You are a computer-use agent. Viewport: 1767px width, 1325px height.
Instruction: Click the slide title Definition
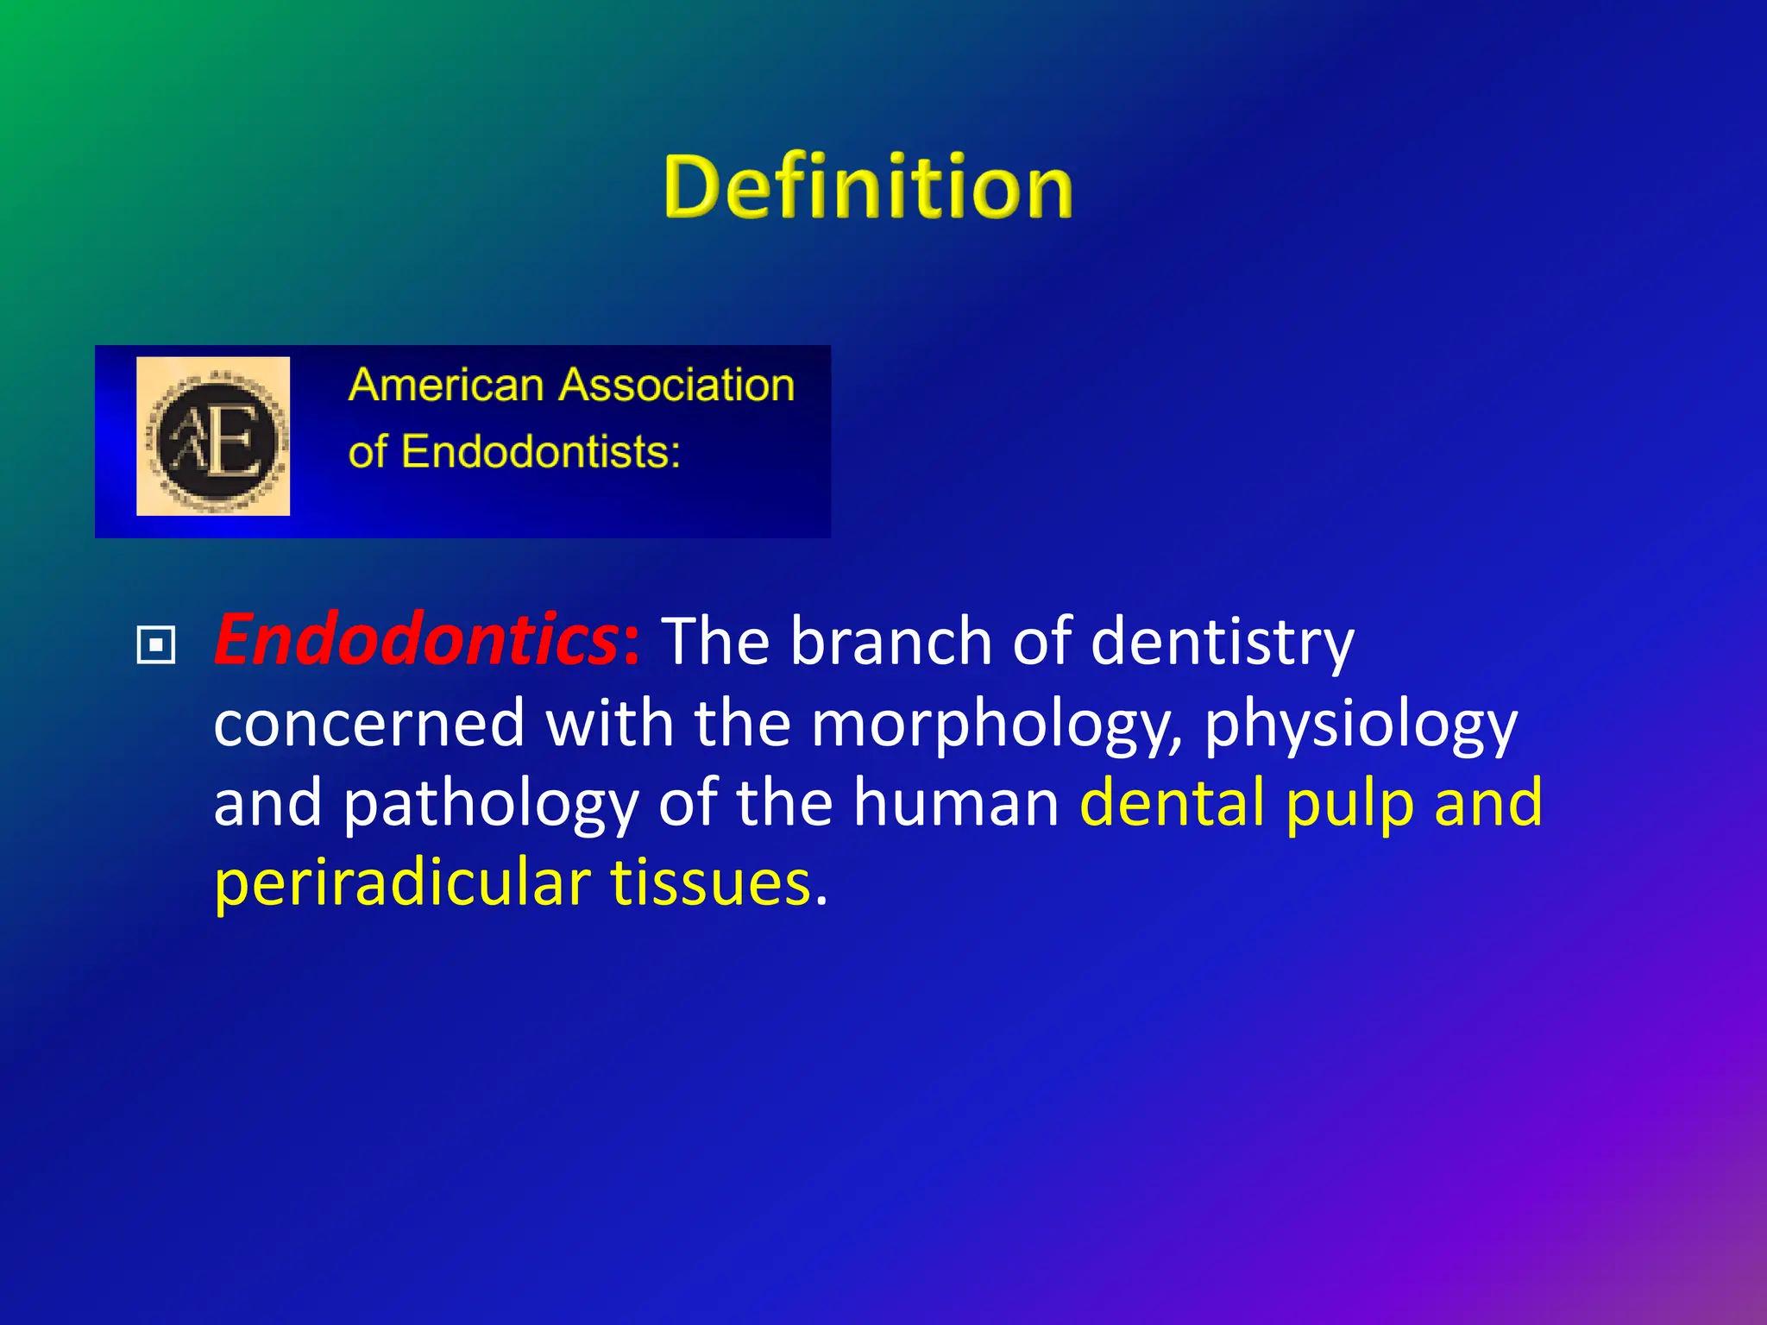tap(868, 187)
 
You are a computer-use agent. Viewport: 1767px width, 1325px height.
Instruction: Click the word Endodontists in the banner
tap(539, 452)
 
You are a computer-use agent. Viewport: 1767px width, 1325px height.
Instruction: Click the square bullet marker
tap(156, 645)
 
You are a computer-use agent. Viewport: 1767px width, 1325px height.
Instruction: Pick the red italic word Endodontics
tap(417, 640)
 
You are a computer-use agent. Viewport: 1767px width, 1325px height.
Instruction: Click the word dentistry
tap(1222, 643)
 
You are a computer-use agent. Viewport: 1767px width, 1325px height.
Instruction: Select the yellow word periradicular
tap(402, 883)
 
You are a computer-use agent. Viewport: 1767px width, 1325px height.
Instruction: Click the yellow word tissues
tap(711, 883)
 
